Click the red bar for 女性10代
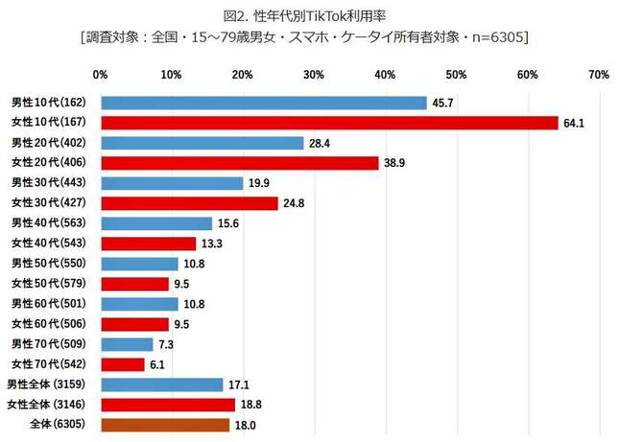point(329,123)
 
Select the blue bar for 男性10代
point(263,103)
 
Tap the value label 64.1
point(573,123)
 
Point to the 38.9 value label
point(393,163)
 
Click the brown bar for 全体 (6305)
point(164,425)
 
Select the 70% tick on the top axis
point(599,74)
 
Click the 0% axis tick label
point(100,74)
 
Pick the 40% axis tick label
point(385,74)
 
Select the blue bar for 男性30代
point(171,183)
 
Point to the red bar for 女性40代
point(148,244)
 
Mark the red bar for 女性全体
point(167,405)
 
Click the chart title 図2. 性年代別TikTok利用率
point(309,16)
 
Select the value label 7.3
point(166,344)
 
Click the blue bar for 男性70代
point(126,344)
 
